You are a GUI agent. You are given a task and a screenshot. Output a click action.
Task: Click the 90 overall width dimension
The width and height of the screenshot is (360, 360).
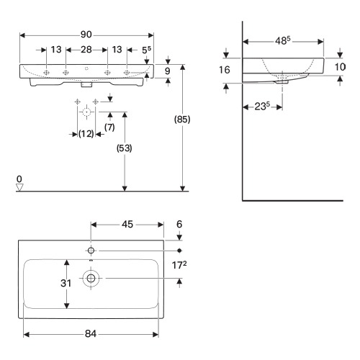86,35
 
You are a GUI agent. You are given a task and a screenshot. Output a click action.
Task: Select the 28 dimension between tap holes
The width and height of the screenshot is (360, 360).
86,50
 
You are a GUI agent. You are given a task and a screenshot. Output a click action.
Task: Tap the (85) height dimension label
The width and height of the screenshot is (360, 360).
182,120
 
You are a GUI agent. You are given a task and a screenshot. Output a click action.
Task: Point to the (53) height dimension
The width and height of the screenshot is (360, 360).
125,148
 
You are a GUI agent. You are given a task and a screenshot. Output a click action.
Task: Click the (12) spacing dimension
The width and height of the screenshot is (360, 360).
86,134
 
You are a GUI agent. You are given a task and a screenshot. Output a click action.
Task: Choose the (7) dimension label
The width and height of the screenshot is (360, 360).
109,127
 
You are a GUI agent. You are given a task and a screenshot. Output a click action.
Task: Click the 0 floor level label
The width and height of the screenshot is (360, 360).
19,179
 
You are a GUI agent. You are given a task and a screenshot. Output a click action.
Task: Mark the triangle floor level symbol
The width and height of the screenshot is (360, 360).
19,187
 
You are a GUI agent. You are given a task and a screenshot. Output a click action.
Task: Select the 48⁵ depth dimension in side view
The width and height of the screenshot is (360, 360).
282,40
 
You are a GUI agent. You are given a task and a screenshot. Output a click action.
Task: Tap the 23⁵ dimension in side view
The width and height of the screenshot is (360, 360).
262,106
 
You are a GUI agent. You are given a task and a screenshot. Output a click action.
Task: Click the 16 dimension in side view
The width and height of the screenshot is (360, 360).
225,70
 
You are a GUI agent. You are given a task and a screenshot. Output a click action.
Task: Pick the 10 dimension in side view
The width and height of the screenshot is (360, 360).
340,67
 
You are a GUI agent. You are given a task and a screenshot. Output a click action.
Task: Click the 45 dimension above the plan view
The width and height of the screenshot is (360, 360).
127,225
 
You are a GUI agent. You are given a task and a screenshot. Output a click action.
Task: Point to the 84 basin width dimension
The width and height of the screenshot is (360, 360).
91,333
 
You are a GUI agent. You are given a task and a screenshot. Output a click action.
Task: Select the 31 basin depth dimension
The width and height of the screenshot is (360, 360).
66,283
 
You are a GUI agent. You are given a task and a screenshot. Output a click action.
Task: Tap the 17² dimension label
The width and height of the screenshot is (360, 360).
179,265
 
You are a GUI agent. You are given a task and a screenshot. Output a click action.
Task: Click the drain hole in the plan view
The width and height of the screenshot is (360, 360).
91,279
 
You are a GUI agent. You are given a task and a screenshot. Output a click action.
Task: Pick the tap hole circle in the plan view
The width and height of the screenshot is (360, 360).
91,251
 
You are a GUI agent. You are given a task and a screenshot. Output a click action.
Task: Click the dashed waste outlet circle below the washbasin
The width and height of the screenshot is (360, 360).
86,112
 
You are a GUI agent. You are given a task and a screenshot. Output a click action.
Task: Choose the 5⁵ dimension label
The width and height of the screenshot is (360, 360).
146,50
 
